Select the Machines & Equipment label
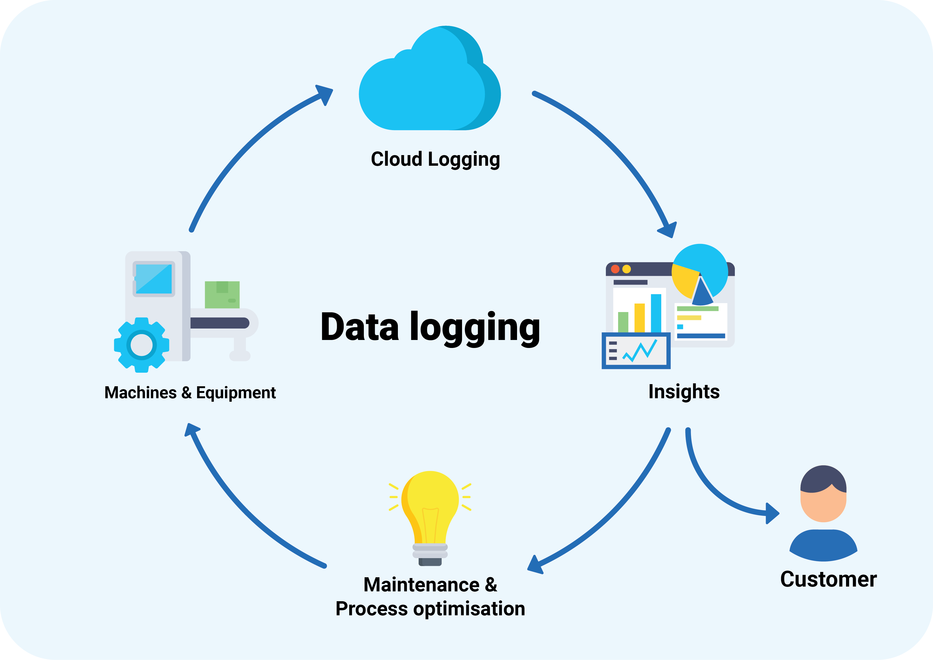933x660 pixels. coord(190,393)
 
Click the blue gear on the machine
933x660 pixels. coord(141,345)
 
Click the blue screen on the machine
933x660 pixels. coord(154,279)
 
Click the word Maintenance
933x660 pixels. coord(421,585)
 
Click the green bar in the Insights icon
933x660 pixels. coord(623,322)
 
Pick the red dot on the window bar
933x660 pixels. coord(615,269)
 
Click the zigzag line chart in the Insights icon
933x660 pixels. coord(640,351)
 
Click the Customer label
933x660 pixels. coord(828,579)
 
